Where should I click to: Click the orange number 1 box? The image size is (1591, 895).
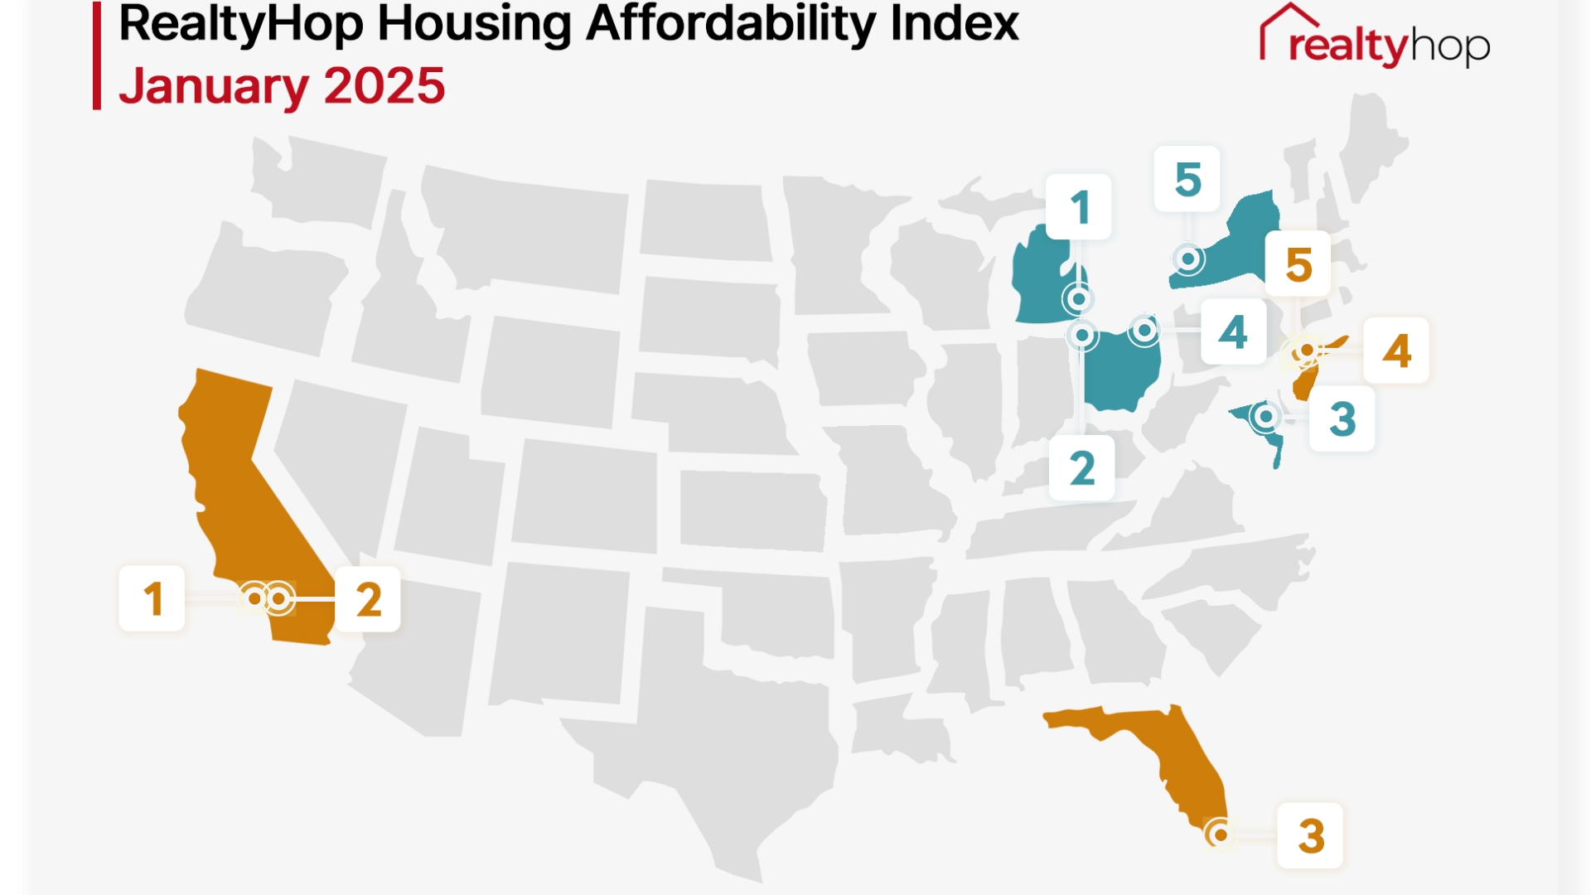[x=152, y=598]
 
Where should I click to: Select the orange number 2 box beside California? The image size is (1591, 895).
[x=368, y=599]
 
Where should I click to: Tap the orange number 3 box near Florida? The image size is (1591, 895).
[x=1310, y=835]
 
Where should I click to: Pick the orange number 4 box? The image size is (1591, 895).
[x=1396, y=351]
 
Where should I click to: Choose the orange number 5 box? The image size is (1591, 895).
[x=1298, y=264]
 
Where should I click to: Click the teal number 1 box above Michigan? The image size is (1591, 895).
[x=1078, y=207]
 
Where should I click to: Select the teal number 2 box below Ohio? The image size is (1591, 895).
[x=1081, y=468]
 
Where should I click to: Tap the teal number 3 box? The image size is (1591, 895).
[x=1342, y=418]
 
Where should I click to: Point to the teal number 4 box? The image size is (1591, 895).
[x=1233, y=332]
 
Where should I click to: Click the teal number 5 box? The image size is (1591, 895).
[x=1187, y=179]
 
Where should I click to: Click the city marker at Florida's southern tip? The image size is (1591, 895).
[x=1220, y=835]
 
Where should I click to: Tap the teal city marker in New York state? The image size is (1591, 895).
[x=1188, y=259]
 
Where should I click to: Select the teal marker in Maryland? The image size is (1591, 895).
[x=1265, y=416]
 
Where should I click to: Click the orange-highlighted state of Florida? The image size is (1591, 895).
[x=1177, y=746]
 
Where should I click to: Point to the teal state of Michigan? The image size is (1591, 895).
[x=1040, y=282]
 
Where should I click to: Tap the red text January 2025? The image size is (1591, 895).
[x=282, y=86]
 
